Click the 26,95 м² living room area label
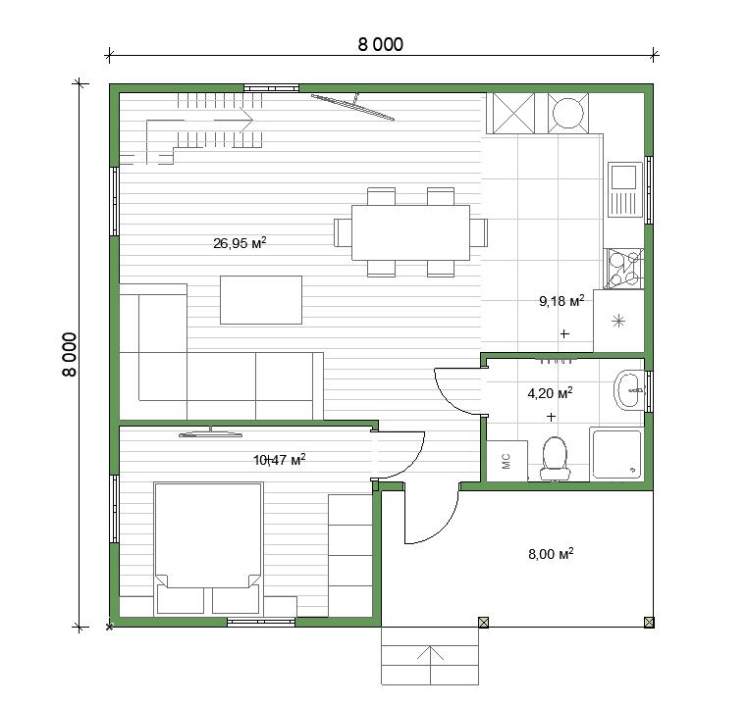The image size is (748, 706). click(240, 243)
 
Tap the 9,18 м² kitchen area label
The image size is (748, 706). click(561, 301)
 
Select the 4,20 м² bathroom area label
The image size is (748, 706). click(550, 393)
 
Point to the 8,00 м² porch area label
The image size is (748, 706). click(551, 554)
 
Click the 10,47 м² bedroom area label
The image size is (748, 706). click(279, 460)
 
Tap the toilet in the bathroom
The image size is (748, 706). click(555, 458)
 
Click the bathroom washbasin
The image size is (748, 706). click(629, 390)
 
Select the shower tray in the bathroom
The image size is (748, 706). click(616, 454)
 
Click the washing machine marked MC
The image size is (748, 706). click(507, 461)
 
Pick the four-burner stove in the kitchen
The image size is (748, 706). click(623, 269)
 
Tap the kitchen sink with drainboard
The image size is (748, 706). click(624, 189)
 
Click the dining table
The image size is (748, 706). click(410, 232)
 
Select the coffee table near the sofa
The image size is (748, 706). click(261, 300)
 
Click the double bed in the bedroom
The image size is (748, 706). click(208, 548)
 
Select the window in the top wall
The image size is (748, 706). click(272, 88)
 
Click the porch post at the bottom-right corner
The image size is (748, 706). click(649, 622)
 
